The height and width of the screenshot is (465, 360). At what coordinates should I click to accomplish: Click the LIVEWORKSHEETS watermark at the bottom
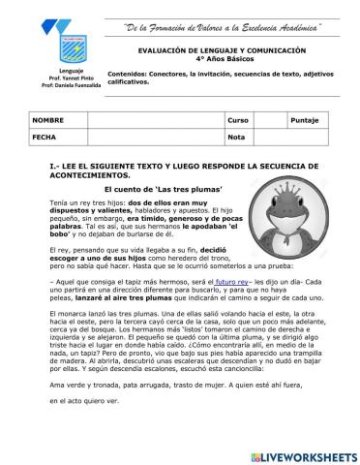click(300, 454)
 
